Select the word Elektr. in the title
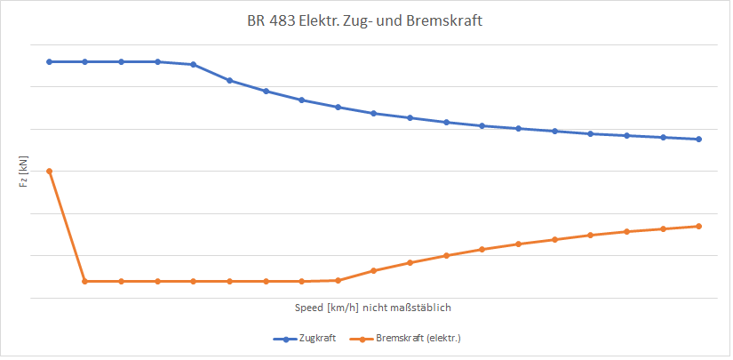(x=329, y=22)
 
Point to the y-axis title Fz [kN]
(x=24, y=171)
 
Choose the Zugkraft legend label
(x=317, y=339)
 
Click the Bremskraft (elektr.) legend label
(x=418, y=339)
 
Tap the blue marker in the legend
(x=286, y=339)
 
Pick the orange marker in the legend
(x=363, y=339)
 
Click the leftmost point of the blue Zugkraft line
(x=49, y=61)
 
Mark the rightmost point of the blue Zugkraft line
(x=699, y=139)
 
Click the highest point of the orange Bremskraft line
(x=49, y=171)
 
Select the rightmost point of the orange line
(x=699, y=226)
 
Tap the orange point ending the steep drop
(x=84, y=281)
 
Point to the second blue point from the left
(x=85, y=61)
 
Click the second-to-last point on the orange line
(x=663, y=228)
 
